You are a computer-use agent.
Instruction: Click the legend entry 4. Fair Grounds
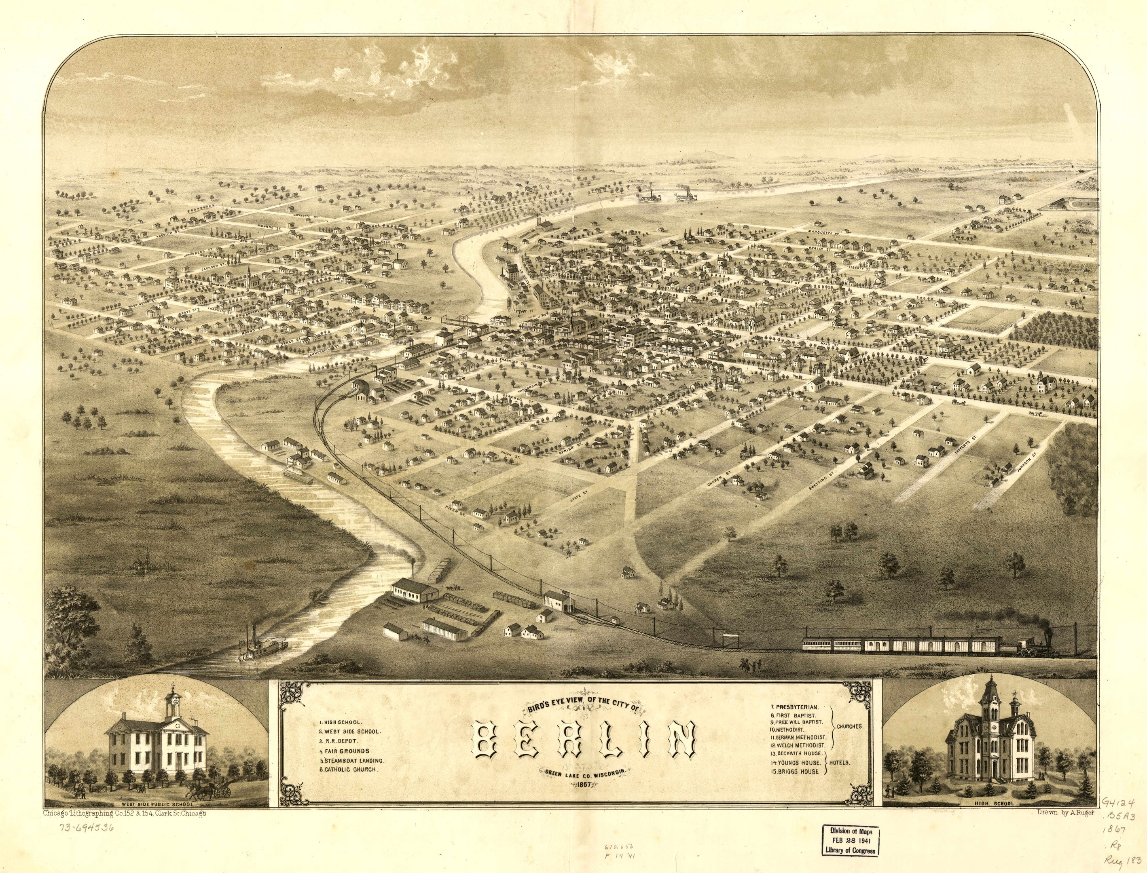tap(344, 751)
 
